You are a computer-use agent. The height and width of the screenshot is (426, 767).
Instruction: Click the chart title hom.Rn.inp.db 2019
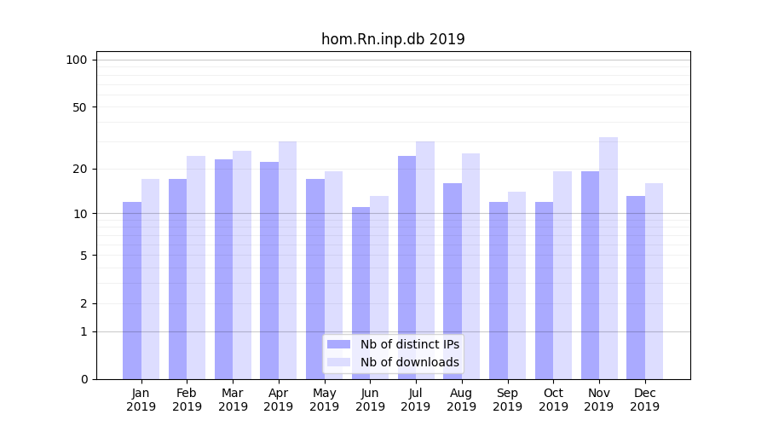[393, 39]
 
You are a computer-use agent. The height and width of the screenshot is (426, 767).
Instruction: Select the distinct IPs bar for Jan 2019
[132, 290]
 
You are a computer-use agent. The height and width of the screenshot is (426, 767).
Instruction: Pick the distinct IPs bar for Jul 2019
[407, 267]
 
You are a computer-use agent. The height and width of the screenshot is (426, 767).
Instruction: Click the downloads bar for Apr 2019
[287, 260]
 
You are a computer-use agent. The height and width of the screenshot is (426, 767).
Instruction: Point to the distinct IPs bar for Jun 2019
[360, 292]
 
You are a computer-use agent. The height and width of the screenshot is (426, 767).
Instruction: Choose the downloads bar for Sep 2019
[516, 285]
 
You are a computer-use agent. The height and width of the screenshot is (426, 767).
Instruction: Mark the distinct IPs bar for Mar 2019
[223, 268]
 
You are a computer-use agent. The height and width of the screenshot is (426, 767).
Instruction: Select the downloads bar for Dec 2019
[654, 281]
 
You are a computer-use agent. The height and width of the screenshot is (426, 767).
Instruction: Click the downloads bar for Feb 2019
[196, 267]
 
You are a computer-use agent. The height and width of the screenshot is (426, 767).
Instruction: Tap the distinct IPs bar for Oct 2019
[544, 290]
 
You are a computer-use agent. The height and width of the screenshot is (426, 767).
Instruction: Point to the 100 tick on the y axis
[77, 60]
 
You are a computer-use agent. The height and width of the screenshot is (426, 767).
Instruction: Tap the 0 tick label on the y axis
[84, 379]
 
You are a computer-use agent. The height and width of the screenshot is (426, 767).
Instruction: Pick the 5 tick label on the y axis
[84, 256]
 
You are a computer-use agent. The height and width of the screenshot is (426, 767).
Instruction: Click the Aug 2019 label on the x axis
[461, 400]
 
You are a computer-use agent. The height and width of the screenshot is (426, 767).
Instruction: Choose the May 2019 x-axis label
[324, 400]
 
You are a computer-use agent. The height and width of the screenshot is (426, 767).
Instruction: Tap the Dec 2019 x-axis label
[644, 400]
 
